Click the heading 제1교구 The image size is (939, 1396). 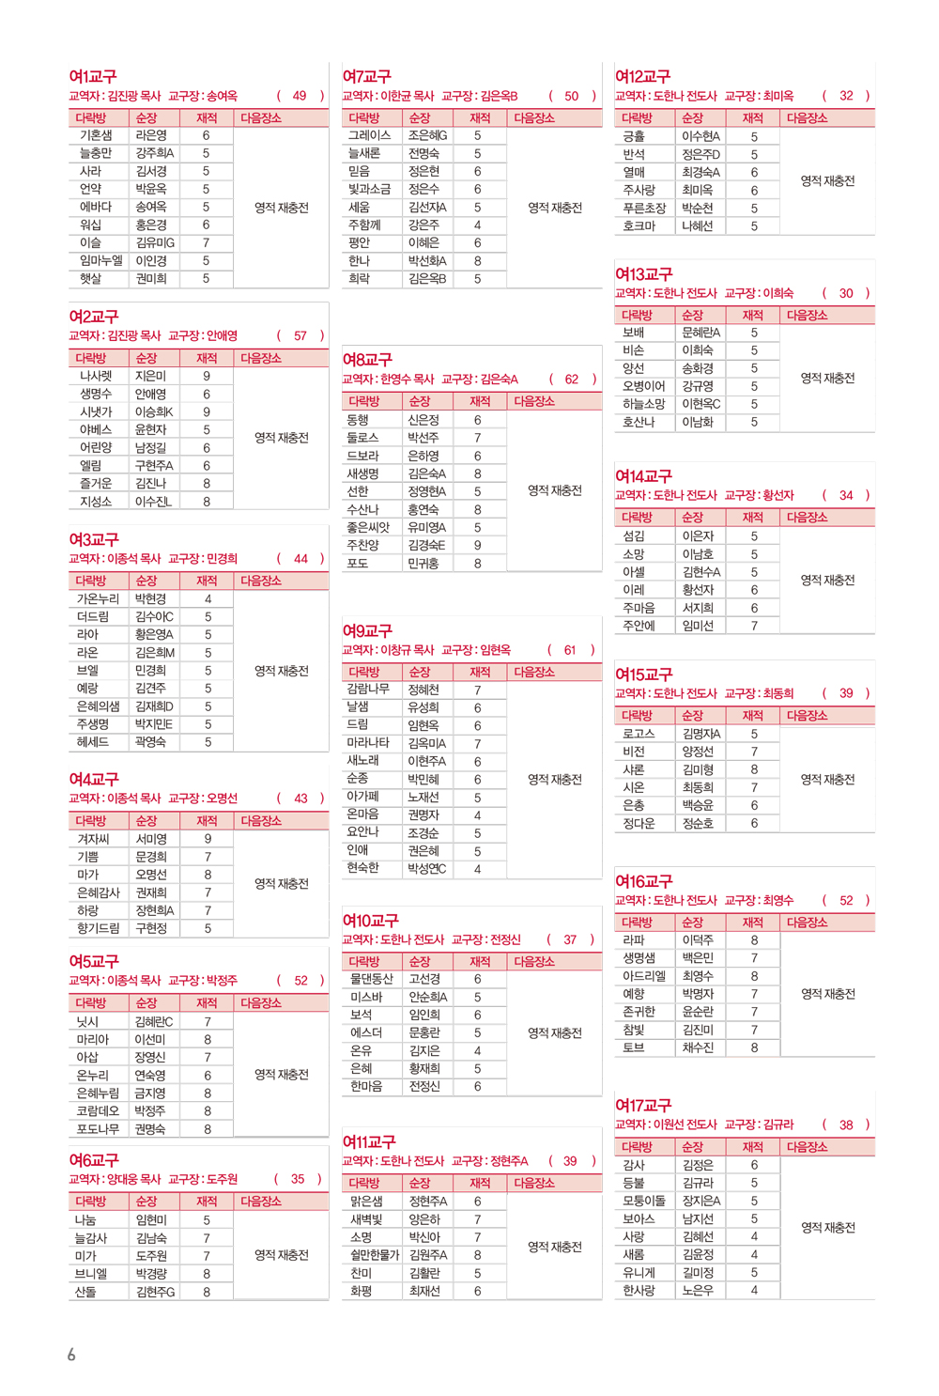tap(93, 76)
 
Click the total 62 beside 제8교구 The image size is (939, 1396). tap(572, 380)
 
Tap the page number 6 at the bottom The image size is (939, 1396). tap(71, 1354)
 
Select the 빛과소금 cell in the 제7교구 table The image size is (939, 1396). tap(369, 189)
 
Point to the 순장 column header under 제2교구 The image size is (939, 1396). tap(146, 358)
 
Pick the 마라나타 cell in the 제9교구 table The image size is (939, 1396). tap(369, 743)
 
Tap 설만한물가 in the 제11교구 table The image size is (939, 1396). tap(373, 1255)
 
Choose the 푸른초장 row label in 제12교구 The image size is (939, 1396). tap(644, 209)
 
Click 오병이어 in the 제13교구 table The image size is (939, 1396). tap(643, 386)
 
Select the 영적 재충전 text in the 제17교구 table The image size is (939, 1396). tap(827, 1228)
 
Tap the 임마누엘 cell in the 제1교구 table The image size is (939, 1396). tap(101, 261)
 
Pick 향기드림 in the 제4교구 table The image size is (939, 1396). tap(98, 928)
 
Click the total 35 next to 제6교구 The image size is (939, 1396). tap(298, 1179)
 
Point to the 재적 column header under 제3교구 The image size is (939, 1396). tap(207, 581)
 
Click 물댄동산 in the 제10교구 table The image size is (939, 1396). tap(371, 979)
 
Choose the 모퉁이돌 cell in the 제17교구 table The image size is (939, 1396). tap(644, 1201)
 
